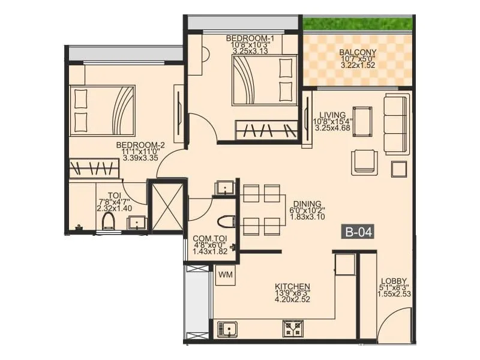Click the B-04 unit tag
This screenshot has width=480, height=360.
point(358,231)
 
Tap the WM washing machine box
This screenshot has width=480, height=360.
point(226,275)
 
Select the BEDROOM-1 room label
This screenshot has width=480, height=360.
point(243,38)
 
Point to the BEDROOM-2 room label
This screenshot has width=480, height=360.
point(140,145)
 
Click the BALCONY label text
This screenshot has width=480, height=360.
point(358,53)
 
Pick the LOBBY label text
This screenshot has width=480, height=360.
point(394,281)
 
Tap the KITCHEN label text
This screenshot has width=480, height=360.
point(292,286)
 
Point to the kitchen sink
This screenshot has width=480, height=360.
point(227,329)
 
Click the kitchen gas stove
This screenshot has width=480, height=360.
point(293,329)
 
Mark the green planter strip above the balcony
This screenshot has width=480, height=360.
point(358,23)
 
